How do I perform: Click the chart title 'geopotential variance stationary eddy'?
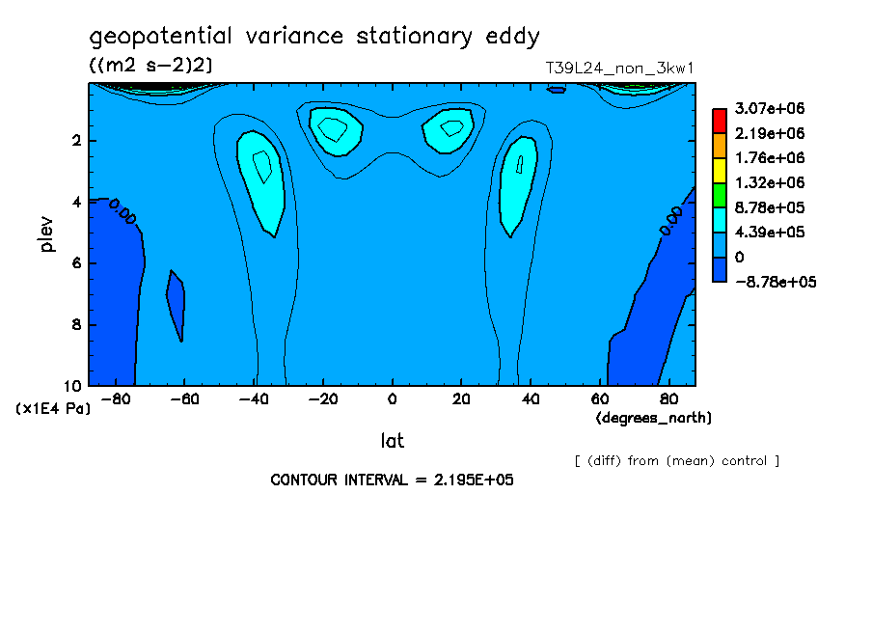tap(314, 37)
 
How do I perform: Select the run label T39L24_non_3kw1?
tap(620, 68)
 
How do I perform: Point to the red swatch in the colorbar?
tap(720, 120)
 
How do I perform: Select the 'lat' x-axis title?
tap(392, 441)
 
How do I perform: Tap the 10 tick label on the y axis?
tap(73, 385)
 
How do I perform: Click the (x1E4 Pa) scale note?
tap(54, 409)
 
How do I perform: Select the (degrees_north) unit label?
tap(654, 417)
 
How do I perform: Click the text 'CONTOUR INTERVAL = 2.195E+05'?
tap(392, 480)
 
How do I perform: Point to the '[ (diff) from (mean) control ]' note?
tap(676, 460)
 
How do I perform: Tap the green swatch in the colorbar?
tap(720, 195)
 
